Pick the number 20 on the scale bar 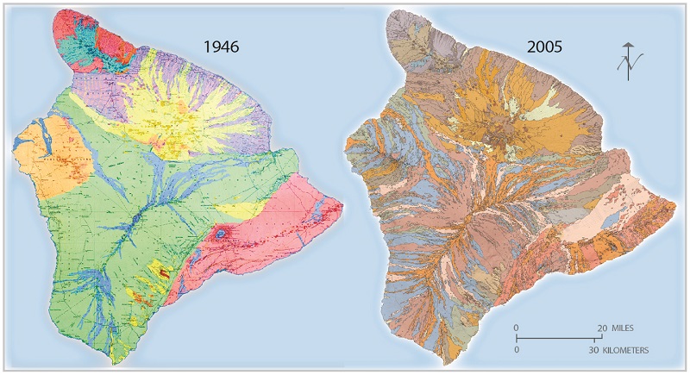601,328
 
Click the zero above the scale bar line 516,328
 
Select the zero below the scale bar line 516,350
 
